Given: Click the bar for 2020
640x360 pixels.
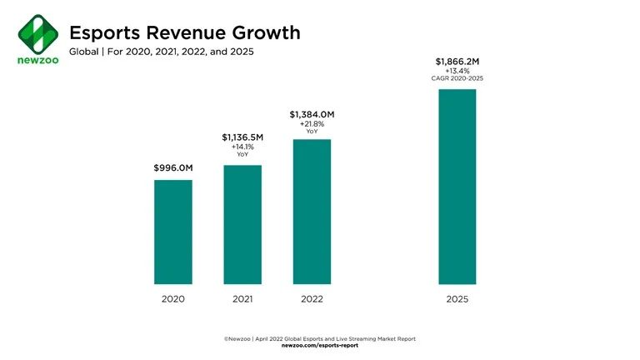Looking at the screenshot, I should (173, 232).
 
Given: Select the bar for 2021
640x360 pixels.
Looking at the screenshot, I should (242, 224).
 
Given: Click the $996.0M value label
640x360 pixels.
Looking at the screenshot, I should (173, 168).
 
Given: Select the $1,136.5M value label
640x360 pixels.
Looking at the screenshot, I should (242, 137).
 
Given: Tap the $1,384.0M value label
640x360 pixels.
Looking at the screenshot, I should (312, 113).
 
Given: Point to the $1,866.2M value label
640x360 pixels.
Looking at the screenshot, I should (457, 61).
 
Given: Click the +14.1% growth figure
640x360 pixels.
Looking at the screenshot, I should (242, 147).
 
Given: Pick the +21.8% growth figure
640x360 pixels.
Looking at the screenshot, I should (312, 123).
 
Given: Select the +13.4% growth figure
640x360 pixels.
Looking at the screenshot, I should (457, 71).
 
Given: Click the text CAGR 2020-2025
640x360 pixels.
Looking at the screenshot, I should (457, 78).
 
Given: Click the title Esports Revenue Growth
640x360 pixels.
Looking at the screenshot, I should (184, 33).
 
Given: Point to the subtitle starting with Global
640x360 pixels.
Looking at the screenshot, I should (161, 52).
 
